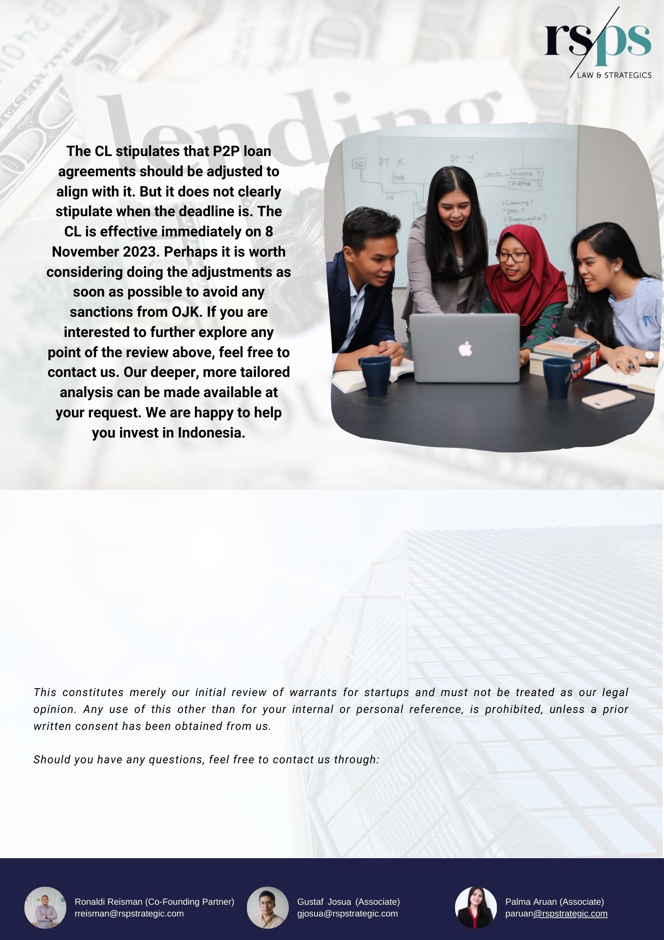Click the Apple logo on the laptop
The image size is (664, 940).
(x=465, y=349)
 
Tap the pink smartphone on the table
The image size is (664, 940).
(x=608, y=399)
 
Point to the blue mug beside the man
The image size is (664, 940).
(x=376, y=376)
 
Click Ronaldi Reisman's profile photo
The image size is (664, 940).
(x=45, y=908)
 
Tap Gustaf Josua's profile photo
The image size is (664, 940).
(x=268, y=908)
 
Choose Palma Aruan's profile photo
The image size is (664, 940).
(x=476, y=908)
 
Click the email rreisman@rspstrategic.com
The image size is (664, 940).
(x=129, y=914)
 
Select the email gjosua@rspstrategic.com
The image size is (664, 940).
(x=347, y=914)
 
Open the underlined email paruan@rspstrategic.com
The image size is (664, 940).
(x=556, y=914)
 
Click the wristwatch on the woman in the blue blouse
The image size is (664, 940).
(x=649, y=357)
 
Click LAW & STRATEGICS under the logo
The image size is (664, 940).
(x=614, y=75)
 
